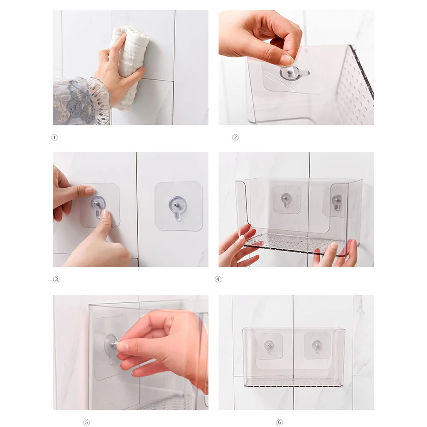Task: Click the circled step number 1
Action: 54,137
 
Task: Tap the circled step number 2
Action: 235,137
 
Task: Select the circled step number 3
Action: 56,279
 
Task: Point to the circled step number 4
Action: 218,279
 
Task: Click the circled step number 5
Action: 86,422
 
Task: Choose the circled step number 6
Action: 279,422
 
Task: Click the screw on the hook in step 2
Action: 290,73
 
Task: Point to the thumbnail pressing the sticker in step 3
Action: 106,213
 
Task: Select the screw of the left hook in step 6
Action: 269,345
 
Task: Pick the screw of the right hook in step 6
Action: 316,345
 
